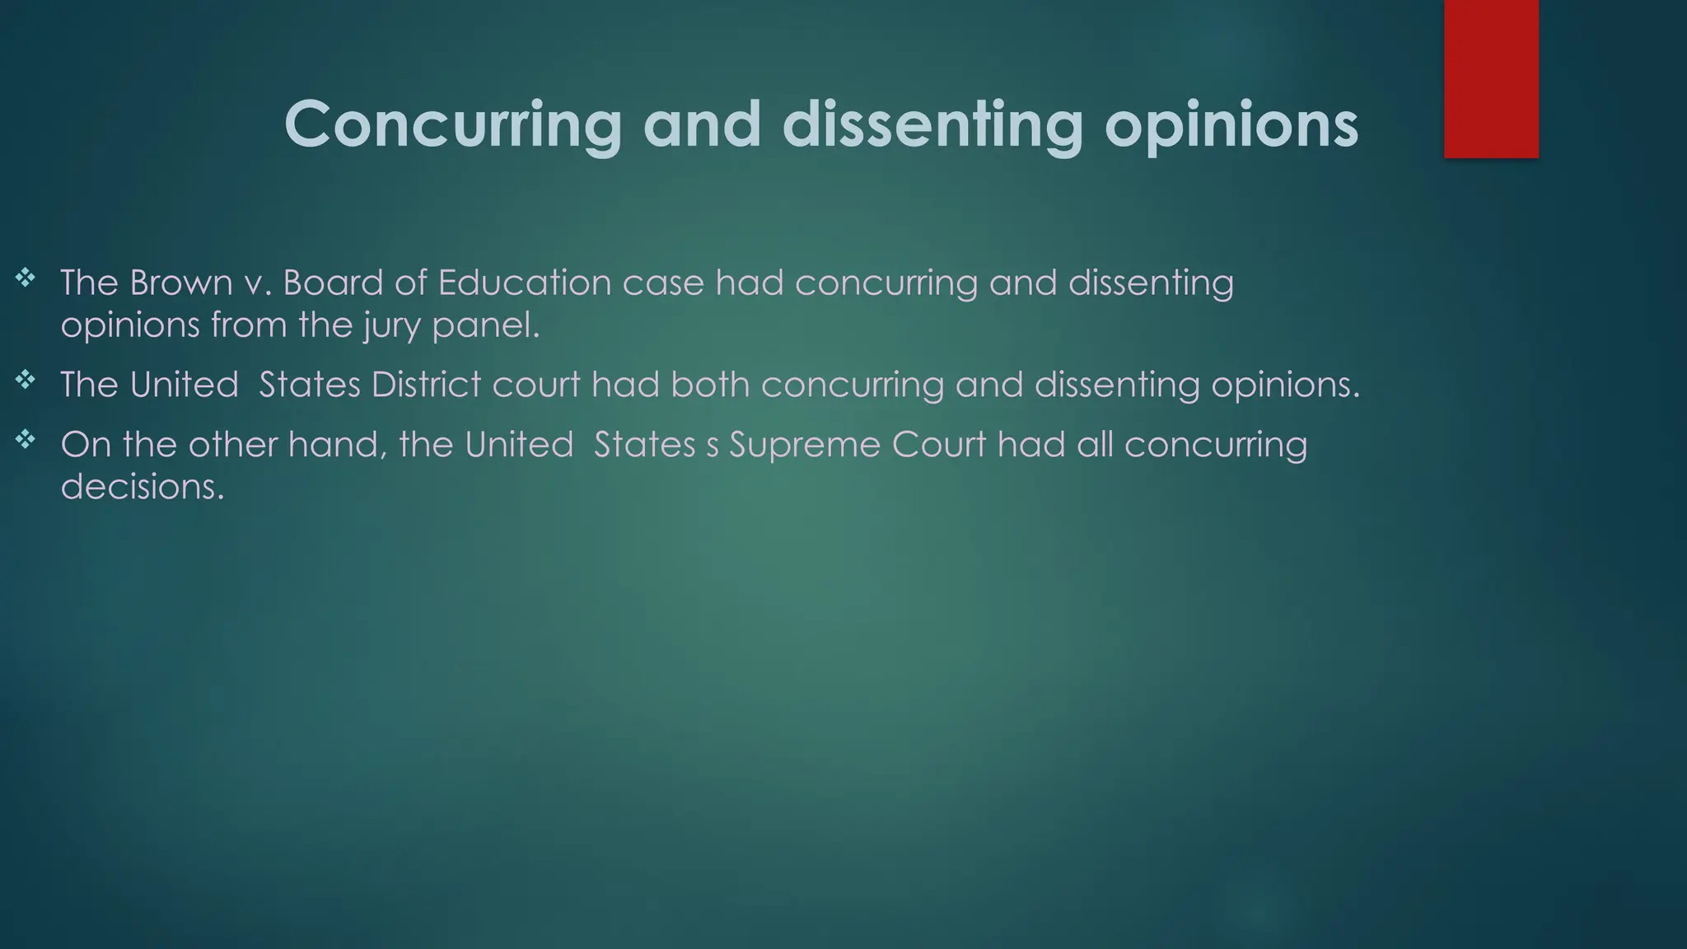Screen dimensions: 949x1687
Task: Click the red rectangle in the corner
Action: pyautogui.click(x=1491, y=78)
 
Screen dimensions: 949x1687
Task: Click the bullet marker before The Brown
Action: pyautogui.click(x=26, y=278)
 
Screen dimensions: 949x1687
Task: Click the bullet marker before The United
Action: pyautogui.click(x=26, y=380)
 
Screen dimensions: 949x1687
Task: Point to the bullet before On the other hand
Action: pyautogui.click(x=26, y=440)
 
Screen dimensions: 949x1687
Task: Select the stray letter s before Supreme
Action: pyautogui.click(x=713, y=446)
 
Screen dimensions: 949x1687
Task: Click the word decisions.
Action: pyautogui.click(x=142, y=486)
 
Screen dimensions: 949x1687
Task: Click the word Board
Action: pyautogui.click(x=333, y=283)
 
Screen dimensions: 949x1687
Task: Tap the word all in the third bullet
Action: pyautogui.click(x=1095, y=445)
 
